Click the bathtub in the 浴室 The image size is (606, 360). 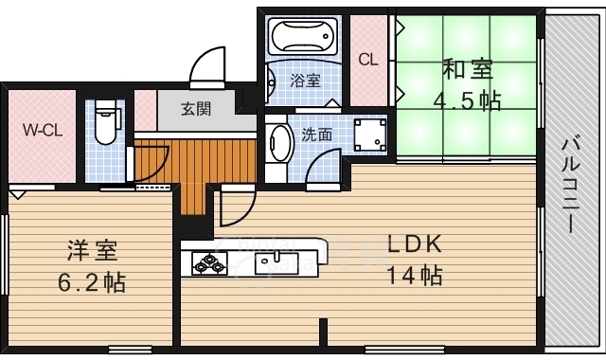(304, 36)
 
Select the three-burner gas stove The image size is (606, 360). (209, 263)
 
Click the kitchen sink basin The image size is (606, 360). (276, 263)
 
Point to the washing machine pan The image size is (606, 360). (370, 135)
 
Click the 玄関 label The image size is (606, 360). (196, 110)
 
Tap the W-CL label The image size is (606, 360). (42, 130)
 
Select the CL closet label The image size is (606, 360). (368, 60)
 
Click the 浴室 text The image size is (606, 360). (305, 81)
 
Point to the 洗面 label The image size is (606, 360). (316, 135)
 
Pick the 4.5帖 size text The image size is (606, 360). (467, 101)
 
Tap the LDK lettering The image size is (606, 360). (415, 244)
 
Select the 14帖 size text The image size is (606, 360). (415, 276)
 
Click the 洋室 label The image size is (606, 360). (93, 250)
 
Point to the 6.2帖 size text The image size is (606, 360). (92, 282)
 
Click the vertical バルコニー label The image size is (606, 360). (570, 185)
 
